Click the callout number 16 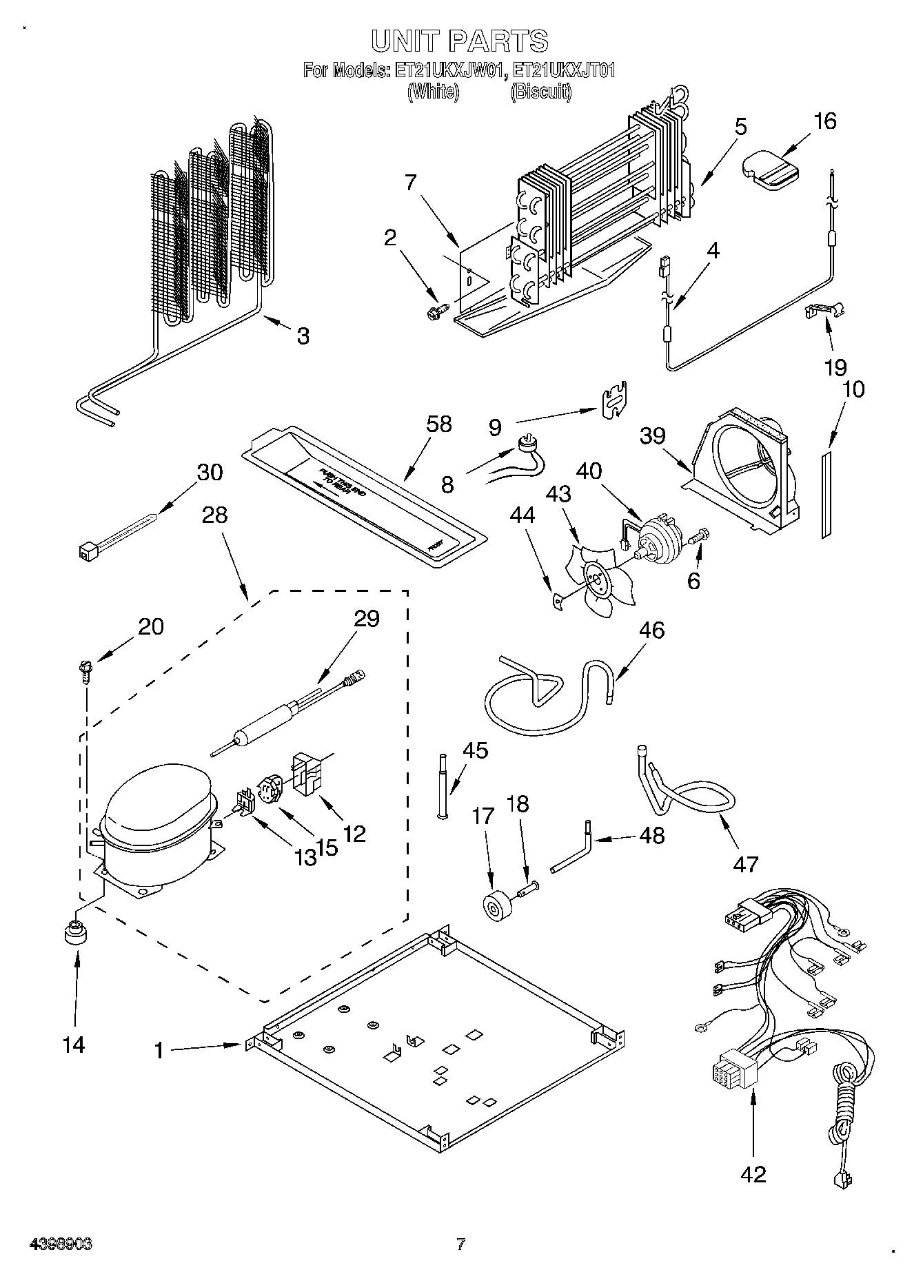pyautogui.click(x=824, y=121)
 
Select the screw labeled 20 pyautogui.click(x=85, y=670)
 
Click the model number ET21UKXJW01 pyautogui.click(x=450, y=70)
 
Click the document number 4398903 pyautogui.click(x=60, y=1244)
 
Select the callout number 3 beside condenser pyautogui.click(x=302, y=336)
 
